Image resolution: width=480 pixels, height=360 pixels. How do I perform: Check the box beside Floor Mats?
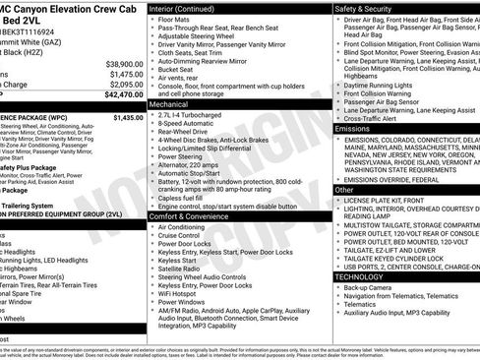pos(151,19)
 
